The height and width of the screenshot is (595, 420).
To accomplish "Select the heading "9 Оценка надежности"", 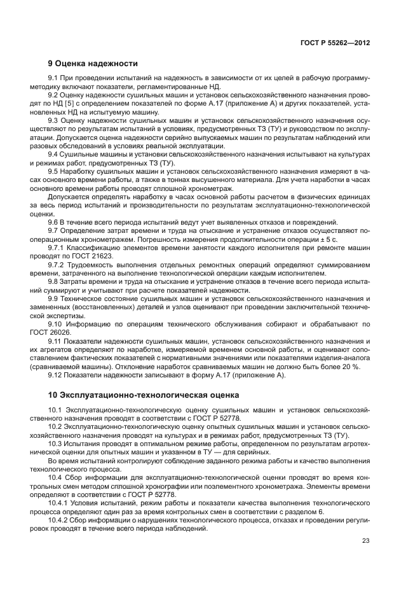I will click(x=93, y=64).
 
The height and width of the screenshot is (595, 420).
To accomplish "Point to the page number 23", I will click(x=366, y=541).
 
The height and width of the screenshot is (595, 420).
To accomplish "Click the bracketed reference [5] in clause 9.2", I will click(x=83, y=102).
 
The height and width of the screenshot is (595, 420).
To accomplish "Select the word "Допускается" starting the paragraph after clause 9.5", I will click(x=68, y=198).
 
